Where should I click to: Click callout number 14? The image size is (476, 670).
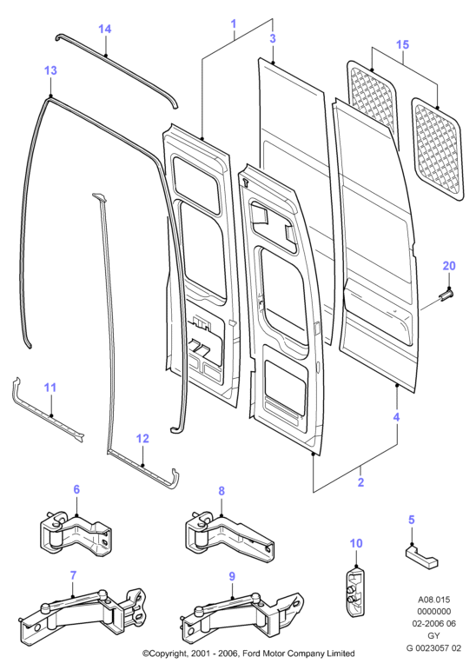point(105,29)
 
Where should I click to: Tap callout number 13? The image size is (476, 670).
point(50,70)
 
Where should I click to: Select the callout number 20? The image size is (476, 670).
point(449,266)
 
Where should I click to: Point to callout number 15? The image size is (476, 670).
point(402,44)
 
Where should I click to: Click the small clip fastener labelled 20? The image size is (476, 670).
point(446,295)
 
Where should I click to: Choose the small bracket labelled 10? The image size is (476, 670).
point(355,590)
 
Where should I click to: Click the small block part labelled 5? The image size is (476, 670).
point(422,557)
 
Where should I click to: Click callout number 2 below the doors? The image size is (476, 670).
point(361,482)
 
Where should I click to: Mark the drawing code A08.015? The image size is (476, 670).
point(433,600)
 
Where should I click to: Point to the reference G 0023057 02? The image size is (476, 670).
point(433,647)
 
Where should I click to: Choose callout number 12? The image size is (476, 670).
point(142,438)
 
